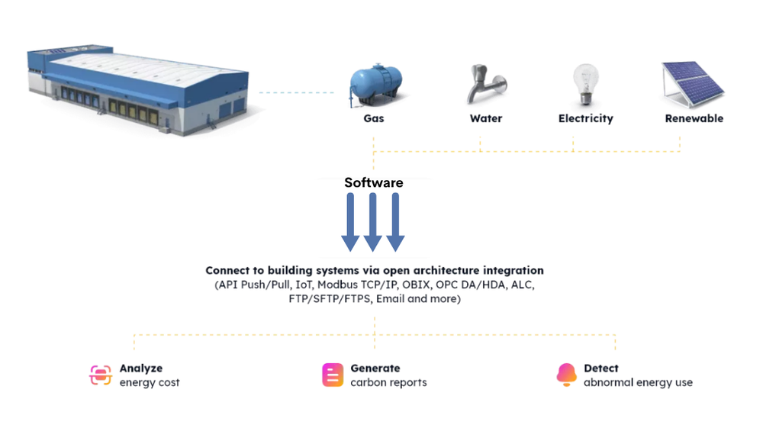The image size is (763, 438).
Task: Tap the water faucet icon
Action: [485, 84]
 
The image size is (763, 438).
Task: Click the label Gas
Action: [374, 118]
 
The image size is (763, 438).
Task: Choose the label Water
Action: [486, 118]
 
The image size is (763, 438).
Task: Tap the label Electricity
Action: [585, 118]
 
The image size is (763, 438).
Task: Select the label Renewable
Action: [694, 118]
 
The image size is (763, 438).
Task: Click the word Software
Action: [374, 182]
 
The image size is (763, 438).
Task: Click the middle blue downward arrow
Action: [372, 221]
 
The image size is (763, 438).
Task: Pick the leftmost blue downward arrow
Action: [350, 221]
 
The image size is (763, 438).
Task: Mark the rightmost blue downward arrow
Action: [394, 221]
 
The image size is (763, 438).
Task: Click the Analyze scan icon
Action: [101, 375]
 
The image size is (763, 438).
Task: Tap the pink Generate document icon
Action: [333, 375]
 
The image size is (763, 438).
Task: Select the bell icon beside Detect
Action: [566, 375]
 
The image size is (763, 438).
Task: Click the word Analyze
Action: [141, 368]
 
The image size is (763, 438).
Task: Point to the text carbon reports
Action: [388, 382]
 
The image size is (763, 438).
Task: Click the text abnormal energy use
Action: [638, 382]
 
